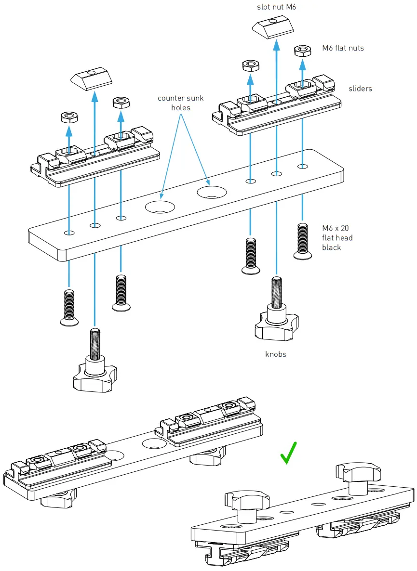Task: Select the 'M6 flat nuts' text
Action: [343, 48]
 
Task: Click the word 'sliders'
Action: [360, 89]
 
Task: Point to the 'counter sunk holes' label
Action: [181, 103]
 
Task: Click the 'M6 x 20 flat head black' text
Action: [337, 238]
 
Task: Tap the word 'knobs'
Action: [276, 354]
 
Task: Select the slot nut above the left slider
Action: [92, 78]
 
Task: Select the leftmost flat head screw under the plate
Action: [69, 309]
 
